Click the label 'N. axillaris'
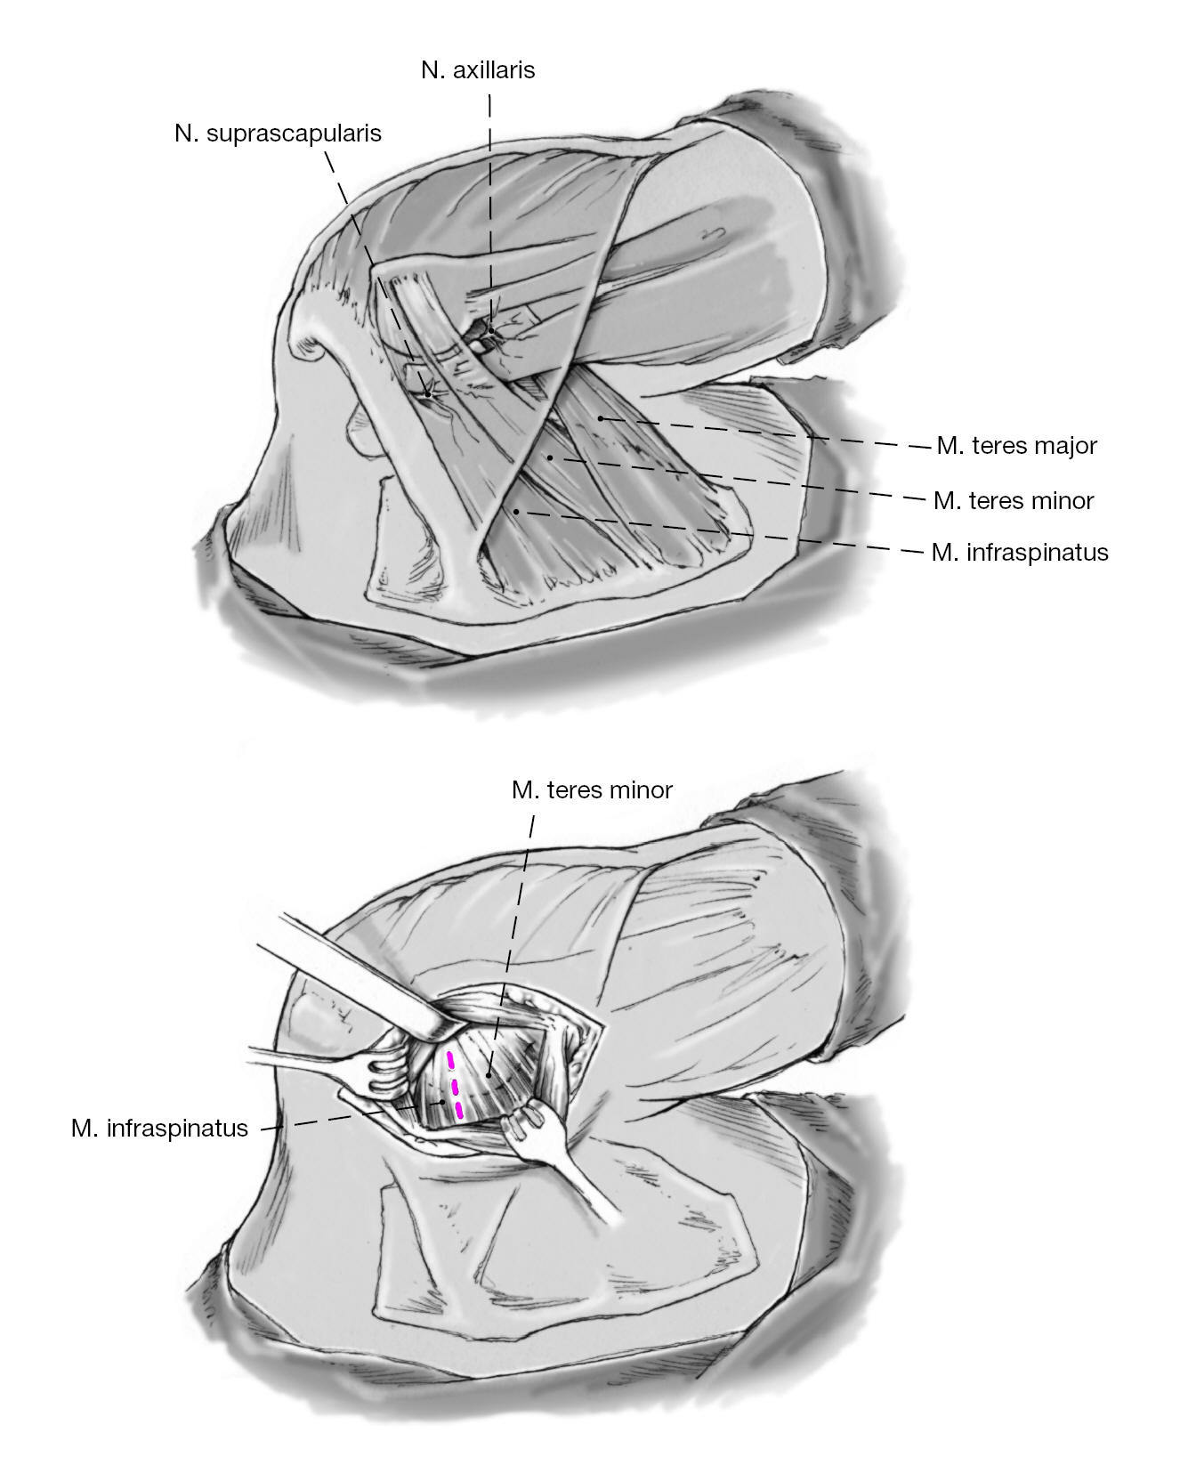478,69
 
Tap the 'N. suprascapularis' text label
278,134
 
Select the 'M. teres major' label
1016,445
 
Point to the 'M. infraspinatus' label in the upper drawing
1020,553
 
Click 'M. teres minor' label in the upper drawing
1014,500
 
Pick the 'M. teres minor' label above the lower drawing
592,789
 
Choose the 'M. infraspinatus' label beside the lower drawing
159,1129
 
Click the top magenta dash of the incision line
450,1060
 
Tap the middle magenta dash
455,1086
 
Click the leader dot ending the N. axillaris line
489,330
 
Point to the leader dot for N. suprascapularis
427,393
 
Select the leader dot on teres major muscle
601,417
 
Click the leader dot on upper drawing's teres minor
550,457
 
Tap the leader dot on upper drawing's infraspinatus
516,511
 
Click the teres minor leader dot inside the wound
489,1075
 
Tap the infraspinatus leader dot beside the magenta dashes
442,1102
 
